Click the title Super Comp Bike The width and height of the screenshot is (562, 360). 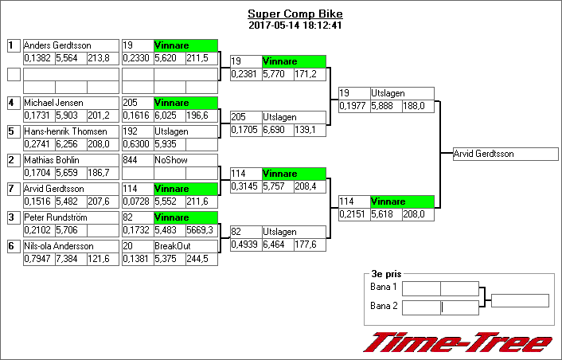295,14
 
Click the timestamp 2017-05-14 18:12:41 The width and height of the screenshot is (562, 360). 295,25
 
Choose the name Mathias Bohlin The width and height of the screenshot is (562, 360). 52,160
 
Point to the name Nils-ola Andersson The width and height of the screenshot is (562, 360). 59,246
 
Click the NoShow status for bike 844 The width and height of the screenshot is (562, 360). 168,160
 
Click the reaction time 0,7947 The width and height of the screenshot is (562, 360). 37,259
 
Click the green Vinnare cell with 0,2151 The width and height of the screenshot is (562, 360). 402,202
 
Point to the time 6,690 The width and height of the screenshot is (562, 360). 275,130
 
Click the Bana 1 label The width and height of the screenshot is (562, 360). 384,287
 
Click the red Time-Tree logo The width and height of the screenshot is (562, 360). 458,342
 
